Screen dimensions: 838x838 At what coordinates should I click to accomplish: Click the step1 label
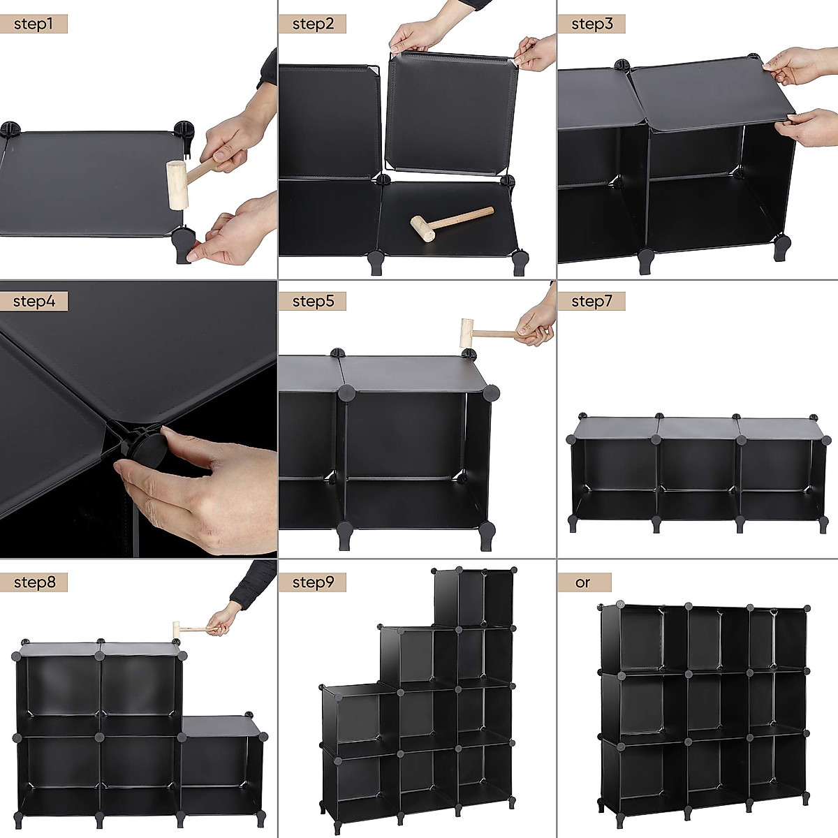click(34, 24)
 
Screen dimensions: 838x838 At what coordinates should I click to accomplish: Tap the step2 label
click(313, 24)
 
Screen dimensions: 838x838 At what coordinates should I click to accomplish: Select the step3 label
click(591, 24)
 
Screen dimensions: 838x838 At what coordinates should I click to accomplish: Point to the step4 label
click(34, 302)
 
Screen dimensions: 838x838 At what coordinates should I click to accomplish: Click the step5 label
click(313, 302)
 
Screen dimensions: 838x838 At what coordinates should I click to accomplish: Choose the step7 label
click(591, 302)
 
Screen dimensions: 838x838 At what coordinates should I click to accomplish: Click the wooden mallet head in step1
click(177, 184)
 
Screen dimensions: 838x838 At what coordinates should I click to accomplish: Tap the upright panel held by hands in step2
click(451, 112)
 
